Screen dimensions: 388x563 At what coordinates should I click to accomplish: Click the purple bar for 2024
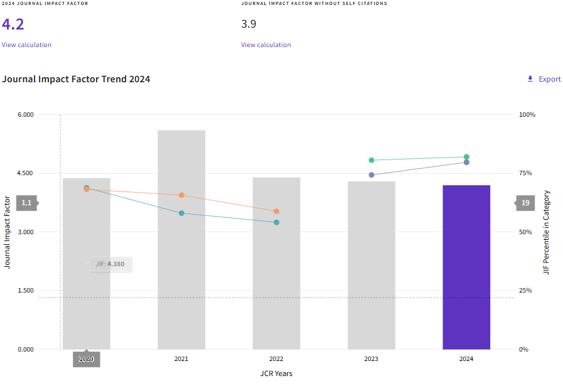(x=466, y=267)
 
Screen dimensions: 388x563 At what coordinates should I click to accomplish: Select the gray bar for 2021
(x=181, y=239)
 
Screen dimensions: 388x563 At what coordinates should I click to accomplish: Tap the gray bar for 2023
(x=372, y=265)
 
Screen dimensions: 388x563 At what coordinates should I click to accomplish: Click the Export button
(x=544, y=79)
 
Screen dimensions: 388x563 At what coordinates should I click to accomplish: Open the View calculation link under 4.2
(x=26, y=45)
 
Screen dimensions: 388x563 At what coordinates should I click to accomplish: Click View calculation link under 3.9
(x=266, y=45)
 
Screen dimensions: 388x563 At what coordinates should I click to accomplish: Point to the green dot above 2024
(x=466, y=157)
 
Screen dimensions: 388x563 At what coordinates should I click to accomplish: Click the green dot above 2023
(x=372, y=160)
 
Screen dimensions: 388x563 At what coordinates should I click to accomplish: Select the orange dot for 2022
(x=276, y=212)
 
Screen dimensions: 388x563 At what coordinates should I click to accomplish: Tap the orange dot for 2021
(x=181, y=195)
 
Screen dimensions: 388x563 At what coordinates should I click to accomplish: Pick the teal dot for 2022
(x=276, y=222)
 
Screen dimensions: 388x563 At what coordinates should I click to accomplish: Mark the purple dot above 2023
(x=372, y=175)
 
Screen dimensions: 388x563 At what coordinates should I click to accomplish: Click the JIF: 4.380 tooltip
(x=110, y=264)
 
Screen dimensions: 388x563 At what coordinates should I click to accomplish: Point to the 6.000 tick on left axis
(x=24, y=115)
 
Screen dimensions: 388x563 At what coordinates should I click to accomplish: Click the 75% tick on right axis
(x=526, y=173)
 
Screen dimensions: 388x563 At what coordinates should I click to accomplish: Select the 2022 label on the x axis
(x=276, y=359)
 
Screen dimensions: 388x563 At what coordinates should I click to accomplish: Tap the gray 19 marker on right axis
(x=525, y=203)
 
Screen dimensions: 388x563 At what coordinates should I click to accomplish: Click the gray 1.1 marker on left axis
(x=26, y=203)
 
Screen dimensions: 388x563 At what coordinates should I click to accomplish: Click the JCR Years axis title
(x=276, y=374)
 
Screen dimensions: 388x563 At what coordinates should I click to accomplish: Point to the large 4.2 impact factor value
(x=13, y=24)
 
